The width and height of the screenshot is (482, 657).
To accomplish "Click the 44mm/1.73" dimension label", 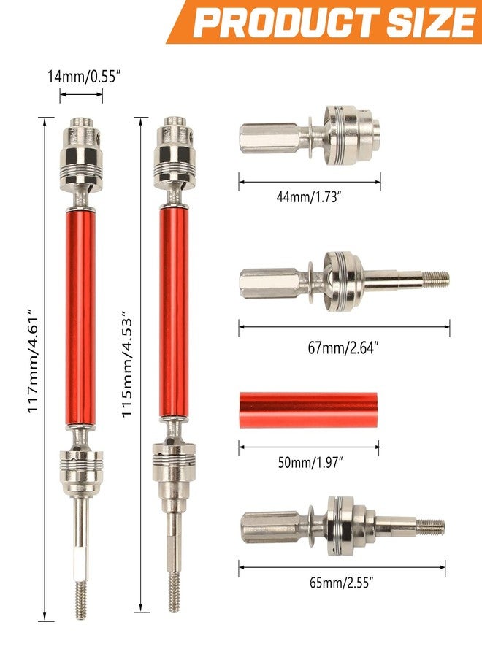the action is click(307, 196).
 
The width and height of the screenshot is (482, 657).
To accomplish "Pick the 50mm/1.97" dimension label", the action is click(310, 463).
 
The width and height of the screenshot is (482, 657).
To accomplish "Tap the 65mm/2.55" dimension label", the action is click(342, 583).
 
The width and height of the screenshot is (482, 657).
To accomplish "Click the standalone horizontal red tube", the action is click(308, 410).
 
